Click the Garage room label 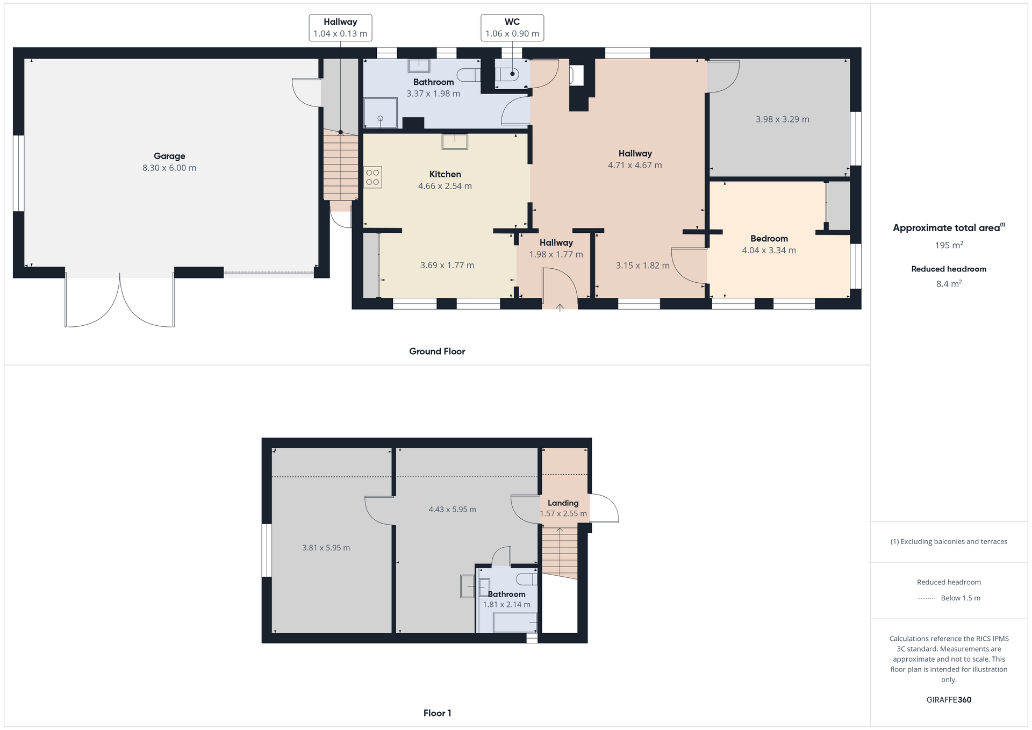point(169,156)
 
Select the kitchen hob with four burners point(372,177)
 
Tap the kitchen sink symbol point(455,141)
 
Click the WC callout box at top point(512,27)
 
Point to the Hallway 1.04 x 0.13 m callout point(340,27)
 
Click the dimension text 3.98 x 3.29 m point(782,119)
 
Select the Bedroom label point(769,239)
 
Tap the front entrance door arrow point(560,307)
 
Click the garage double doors point(119,301)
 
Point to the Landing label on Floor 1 point(563,503)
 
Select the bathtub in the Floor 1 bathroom point(514,622)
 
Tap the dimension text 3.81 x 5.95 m point(326,548)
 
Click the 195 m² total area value point(949,245)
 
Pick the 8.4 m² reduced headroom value point(949,284)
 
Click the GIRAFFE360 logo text point(949,700)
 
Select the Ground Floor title point(437,352)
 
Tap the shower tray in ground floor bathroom point(381,113)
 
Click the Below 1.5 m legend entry point(960,598)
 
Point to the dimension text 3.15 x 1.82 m point(642,266)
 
